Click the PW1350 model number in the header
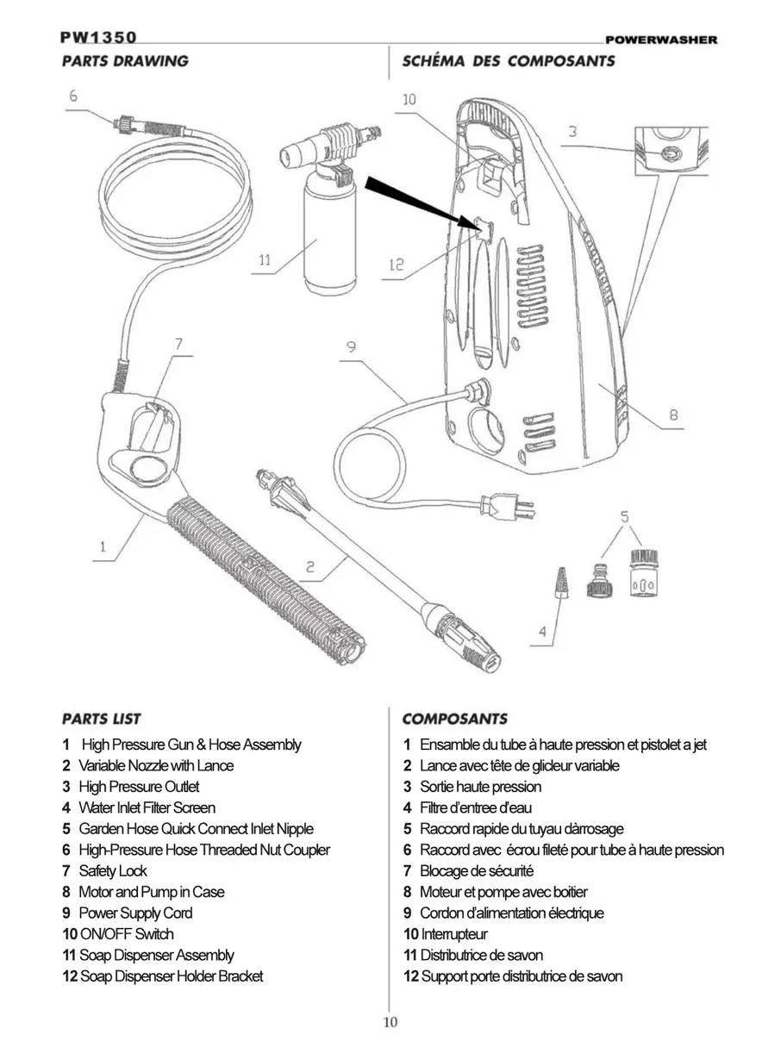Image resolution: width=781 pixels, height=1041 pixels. (97, 38)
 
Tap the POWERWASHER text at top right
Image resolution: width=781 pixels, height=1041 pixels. (660, 40)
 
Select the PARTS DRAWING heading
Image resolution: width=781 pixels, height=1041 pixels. (124, 61)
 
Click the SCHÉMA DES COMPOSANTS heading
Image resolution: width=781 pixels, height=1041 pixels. (508, 61)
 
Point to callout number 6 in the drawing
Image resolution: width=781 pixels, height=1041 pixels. (74, 95)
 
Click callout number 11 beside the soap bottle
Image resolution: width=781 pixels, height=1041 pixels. (264, 259)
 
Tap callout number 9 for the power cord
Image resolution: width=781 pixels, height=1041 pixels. (352, 347)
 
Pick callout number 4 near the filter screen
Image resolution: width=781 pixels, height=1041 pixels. (542, 631)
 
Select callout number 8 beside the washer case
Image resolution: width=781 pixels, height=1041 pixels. (673, 415)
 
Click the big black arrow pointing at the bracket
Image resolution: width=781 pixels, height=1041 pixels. (419, 203)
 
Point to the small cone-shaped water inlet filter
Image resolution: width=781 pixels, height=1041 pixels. (561, 583)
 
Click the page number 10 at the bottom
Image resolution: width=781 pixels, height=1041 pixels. (390, 1023)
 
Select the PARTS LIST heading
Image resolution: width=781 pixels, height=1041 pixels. (102, 719)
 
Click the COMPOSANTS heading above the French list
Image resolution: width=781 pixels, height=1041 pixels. (454, 719)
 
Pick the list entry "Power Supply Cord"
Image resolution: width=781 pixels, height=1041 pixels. (135, 913)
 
